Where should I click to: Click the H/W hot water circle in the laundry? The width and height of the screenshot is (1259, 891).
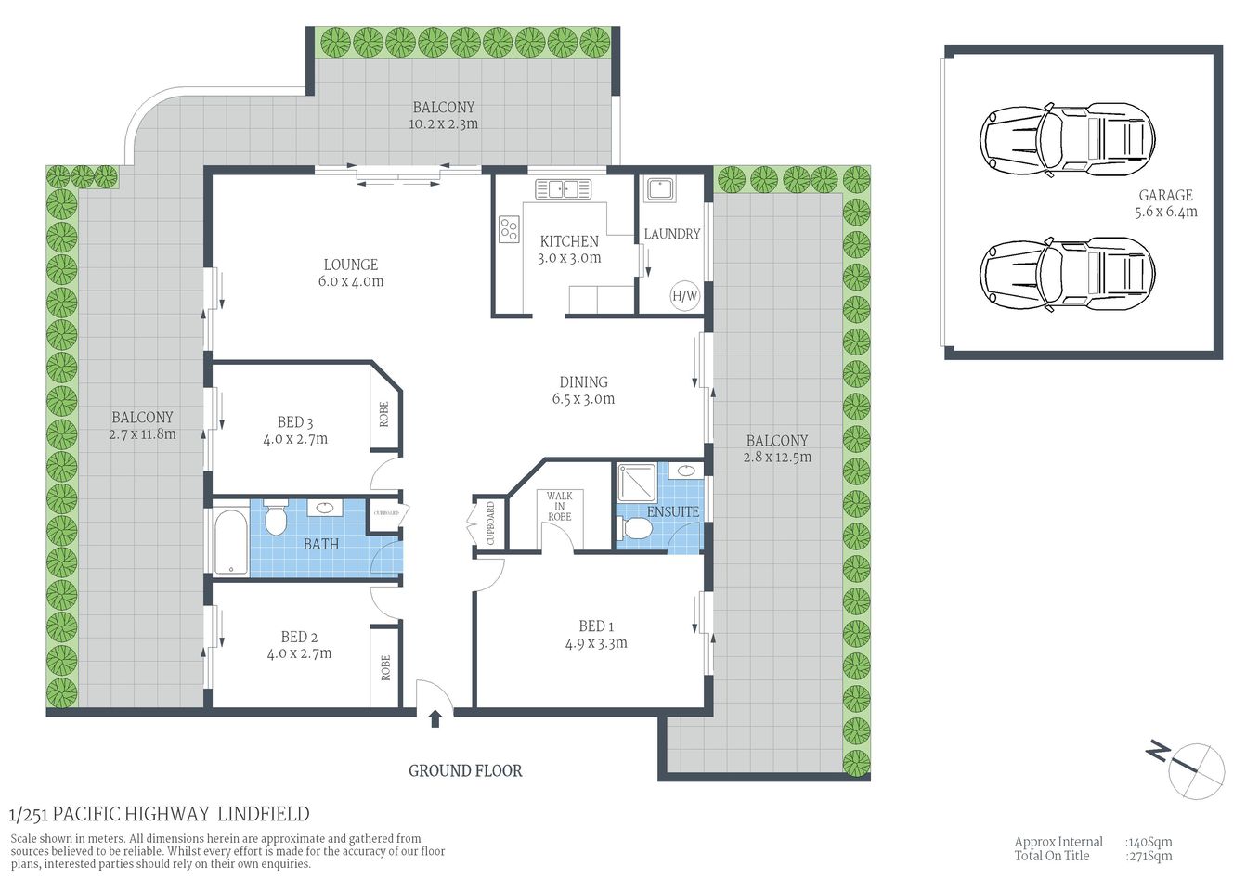pyautogui.click(x=684, y=296)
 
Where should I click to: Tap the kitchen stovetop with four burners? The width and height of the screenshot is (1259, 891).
pyautogui.click(x=509, y=228)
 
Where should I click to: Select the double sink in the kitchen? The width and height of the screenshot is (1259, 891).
pyautogui.click(x=563, y=189)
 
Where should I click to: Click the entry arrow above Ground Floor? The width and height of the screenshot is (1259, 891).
pyautogui.click(x=435, y=719)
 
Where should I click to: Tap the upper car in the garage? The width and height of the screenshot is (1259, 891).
pyautogui.click(x=1067, y=139)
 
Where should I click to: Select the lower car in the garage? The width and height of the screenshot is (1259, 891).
pyautogui.click(x=1067, y=273)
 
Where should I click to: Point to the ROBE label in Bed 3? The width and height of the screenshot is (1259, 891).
pyautogui.click(x=384, y=414)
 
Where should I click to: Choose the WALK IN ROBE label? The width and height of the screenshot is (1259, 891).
pyautogui.click(x=559, y=506)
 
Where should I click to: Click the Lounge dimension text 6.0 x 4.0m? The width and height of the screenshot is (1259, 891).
pyautogui.click(x=351, y=281)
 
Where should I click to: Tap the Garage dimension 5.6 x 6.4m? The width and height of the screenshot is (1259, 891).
pyautogui.click(x=1165, y=212)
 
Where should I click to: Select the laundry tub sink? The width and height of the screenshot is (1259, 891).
pyautogui.click(x=660, y=189)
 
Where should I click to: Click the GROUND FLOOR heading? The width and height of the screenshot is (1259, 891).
pyautogui.click(x=465, y=770)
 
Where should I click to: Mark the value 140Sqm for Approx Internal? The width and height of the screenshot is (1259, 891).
pyautogui.click(x=1149, y=842)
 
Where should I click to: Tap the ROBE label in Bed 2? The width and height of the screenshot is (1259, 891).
pyautogui.click(x=385, y=668)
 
